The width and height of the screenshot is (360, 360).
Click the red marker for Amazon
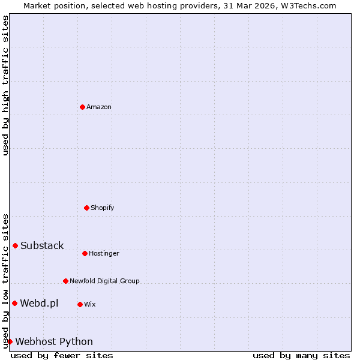tap(82, 107)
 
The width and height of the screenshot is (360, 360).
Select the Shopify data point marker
tap(86, 208)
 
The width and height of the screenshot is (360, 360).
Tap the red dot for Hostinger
tap(85, 253)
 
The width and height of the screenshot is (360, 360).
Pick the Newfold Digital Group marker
tap(65, 281)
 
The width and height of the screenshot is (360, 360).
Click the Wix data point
tap(80, 304)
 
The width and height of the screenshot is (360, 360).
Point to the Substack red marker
tap(15, 245)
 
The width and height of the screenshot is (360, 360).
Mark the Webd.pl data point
tap(14, 303)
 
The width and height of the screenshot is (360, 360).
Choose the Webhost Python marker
tap(10, 341)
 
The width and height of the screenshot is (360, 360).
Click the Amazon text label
tap(99, 107)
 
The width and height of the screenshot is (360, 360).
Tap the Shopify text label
tap(103, 208)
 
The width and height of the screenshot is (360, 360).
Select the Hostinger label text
tap(104, 253)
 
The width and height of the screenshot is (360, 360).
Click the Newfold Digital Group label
tap(104, 281)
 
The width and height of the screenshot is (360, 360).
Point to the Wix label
tap(90, 304)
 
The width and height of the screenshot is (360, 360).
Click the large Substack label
tap(42, 245)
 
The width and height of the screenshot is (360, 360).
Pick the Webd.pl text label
tap(39, 303)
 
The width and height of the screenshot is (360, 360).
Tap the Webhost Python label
tap(54, 341)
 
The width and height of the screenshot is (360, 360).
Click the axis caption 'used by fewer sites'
tap(62, 355)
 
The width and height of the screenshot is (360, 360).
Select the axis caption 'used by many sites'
tap(301, 355)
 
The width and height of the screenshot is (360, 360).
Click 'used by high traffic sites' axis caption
tap(6, 85)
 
